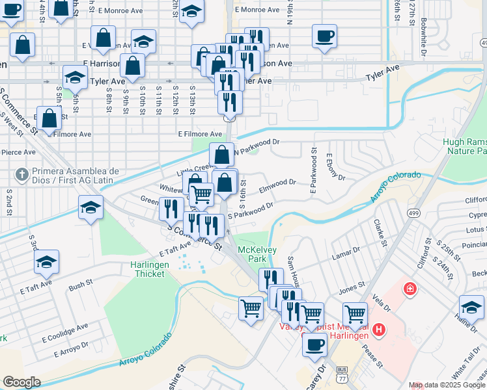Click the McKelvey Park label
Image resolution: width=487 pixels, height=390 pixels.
tap(253, 253)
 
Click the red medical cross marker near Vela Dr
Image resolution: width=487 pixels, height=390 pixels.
tap(410, 288)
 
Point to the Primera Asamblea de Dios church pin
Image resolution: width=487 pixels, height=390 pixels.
tap(21, 175)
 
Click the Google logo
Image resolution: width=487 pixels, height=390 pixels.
tap(21, 382)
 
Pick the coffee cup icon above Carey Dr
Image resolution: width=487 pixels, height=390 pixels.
tap(315, 344)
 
